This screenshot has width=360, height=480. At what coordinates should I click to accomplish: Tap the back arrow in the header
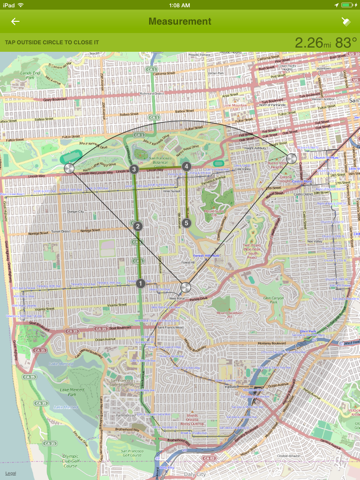(x=15, y=21)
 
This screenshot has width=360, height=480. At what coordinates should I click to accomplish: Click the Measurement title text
(x=180, y=21)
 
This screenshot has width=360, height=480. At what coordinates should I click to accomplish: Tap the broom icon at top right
(x=344, y=21)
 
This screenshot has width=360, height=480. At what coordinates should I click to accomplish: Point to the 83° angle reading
(x=345, y=42)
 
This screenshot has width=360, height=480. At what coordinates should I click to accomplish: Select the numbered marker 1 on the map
(x=140, y=284)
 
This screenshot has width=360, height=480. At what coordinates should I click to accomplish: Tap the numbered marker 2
(x=138, y=227)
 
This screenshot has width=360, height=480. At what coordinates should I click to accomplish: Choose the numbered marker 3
(x=134, y=169)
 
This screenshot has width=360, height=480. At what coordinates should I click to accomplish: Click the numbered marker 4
(x=186, y=166)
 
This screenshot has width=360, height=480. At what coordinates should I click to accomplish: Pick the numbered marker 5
(x=186, y=222)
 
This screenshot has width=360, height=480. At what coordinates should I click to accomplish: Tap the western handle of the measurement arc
(x=69, y=169)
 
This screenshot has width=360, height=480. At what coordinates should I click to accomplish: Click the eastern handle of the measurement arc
(x=291, y=158)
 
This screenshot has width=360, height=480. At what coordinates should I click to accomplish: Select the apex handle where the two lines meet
(x=185, y=287)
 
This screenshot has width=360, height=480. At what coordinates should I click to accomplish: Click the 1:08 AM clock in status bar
(x=180, y=5)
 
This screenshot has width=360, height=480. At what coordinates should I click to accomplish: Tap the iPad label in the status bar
(x=10, y=5)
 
